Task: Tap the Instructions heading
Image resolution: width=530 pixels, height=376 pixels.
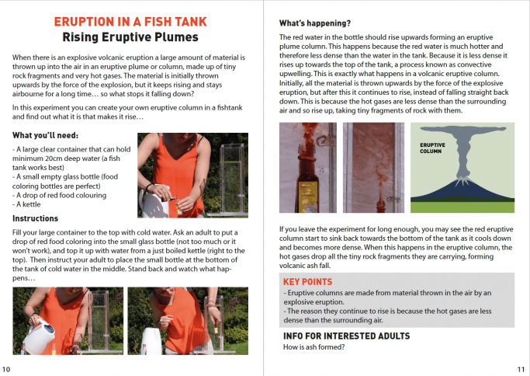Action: (36, 218)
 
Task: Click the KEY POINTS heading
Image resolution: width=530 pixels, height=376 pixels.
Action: (308, 281)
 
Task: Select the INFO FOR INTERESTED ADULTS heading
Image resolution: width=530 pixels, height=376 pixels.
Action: (346, 336)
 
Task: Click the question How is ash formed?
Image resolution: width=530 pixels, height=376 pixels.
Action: (313, 347)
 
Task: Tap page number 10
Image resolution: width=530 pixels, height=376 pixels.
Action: (7, 368)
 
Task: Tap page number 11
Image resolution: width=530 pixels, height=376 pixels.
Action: (521, 368)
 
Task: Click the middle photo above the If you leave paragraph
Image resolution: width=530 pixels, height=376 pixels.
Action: (373, 169)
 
